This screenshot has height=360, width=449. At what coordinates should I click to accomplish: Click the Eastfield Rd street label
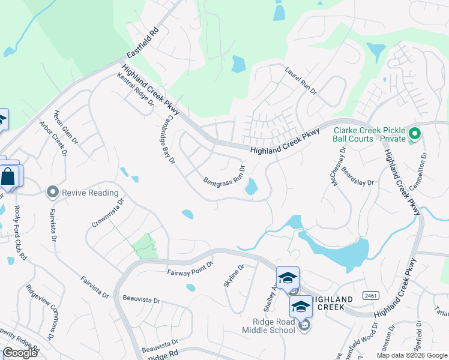pos(145,40)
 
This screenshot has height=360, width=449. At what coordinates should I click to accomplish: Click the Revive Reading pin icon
pos(53,193)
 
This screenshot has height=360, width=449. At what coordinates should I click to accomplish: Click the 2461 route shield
pos(370,296)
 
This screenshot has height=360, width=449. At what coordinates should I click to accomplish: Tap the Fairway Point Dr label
pos(190,269)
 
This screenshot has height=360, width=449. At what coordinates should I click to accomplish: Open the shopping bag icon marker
pos(8,176)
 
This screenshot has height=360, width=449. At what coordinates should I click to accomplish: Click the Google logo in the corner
pos(20,352)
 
